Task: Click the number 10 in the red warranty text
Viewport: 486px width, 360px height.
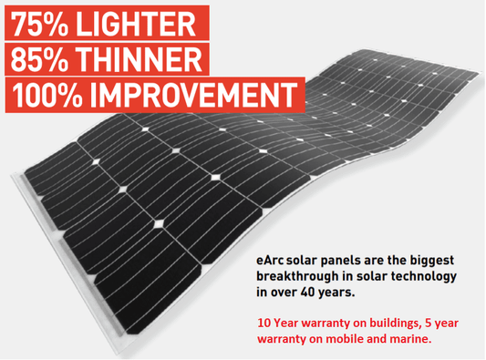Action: point(263,322)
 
